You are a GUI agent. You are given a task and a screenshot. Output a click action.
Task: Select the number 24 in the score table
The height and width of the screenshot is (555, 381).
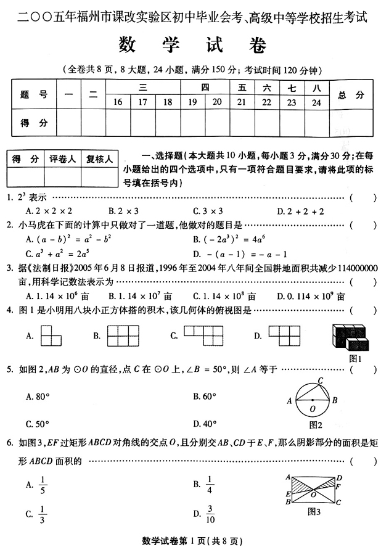click(x=317, y=102)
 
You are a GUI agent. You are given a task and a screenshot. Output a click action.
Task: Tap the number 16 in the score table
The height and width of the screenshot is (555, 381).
click(x=117, y=102)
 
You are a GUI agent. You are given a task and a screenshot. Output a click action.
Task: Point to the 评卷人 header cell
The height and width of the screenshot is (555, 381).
click(x=62, y=159)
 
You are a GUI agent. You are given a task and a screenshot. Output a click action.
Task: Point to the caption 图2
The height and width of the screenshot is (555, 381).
click(x=316, y=424)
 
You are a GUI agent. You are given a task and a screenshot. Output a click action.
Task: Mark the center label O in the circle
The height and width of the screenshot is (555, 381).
click(x=313, y=408)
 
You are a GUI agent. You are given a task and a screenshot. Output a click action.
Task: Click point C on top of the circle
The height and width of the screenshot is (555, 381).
click(x=321, y=380)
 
